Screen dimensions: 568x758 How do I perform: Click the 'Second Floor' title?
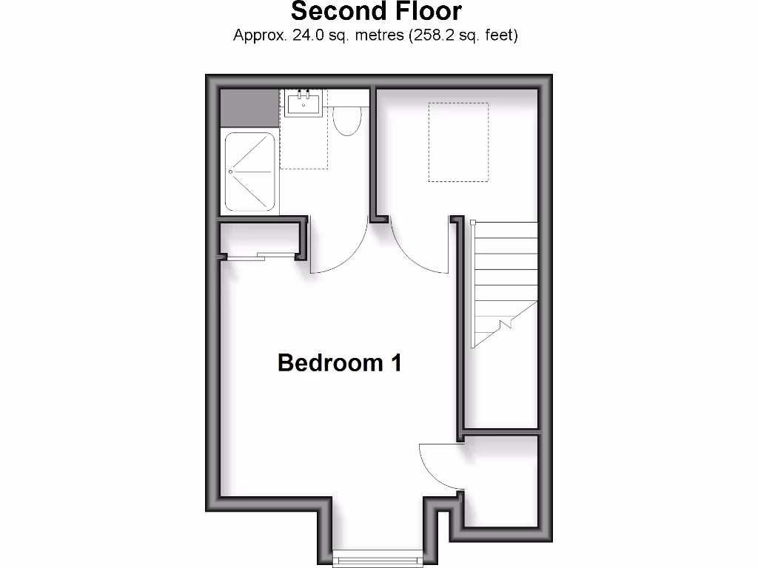376,11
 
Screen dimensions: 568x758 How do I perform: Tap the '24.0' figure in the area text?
303,35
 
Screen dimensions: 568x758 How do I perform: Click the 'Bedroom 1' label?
339,363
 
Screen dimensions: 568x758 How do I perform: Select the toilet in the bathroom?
346,121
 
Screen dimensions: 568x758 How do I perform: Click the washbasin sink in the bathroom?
303,103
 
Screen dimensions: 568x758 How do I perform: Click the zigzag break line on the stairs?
506,322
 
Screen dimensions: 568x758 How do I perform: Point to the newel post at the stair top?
472,223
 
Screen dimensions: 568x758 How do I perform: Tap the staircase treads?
506,266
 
